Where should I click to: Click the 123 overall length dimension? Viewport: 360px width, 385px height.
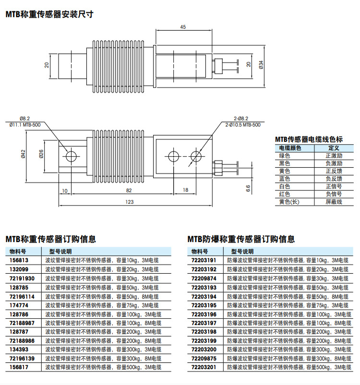130,202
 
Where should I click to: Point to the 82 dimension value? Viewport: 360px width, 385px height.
128,190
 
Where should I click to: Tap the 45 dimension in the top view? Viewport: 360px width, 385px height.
183,27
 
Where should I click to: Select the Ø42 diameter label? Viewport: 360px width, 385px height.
23,154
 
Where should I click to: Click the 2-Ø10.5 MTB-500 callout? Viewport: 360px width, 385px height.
243,125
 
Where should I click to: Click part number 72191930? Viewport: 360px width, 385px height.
22,278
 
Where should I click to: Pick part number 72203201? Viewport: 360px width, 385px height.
204,367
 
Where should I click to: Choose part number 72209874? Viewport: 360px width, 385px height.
204,278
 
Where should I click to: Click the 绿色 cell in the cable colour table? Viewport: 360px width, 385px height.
285,156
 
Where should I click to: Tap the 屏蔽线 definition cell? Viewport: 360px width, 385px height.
334,202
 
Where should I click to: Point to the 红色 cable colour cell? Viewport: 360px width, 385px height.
285,194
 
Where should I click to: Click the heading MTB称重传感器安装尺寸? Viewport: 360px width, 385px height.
49,14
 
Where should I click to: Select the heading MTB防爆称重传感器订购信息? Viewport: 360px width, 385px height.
241,239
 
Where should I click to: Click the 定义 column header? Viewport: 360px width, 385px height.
334,148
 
